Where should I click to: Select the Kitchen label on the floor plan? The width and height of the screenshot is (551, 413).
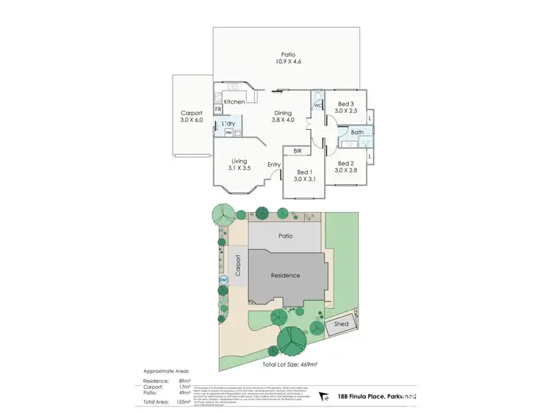coord(234,102)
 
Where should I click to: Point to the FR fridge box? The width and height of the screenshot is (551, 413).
coord(218,109)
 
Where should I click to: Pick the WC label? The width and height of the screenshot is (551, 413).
coord(318,106)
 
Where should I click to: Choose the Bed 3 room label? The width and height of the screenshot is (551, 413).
coord(345,106)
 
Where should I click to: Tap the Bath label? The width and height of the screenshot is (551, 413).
coord(357,133)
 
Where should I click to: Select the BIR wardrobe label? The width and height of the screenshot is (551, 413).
coord(298,150)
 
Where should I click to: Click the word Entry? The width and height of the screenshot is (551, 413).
coord(273,164)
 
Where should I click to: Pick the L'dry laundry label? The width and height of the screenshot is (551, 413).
coord(228,125)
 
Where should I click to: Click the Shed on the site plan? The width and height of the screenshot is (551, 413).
coord(341,324)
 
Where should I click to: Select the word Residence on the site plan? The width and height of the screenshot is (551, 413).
coord(285,276)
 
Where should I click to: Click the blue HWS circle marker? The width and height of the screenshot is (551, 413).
coord(222,279)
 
